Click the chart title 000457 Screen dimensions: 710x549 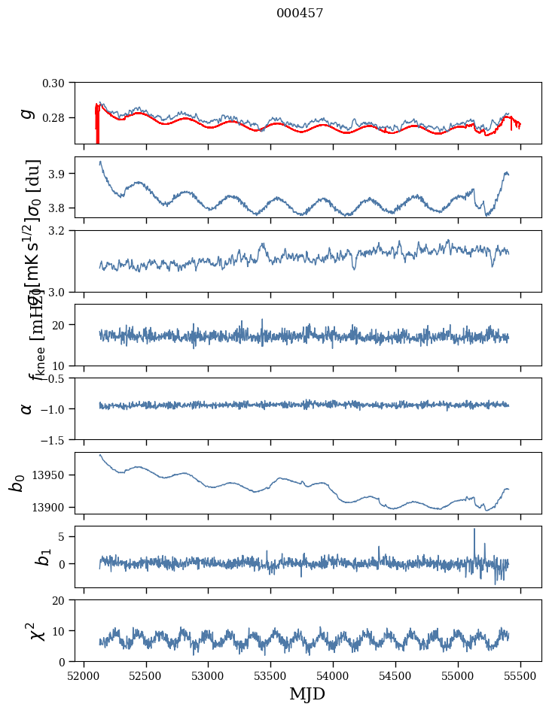pos(300,14)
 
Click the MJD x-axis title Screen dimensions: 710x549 pos(307,693)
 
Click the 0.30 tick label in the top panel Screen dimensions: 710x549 pos(58,82)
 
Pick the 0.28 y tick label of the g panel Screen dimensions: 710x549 pos(58,118)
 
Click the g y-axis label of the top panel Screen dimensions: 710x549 pos(27,113)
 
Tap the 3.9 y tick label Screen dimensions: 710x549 pos(62,174)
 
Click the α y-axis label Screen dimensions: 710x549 pos(27,408)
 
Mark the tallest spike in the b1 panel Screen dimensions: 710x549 pos(474,529)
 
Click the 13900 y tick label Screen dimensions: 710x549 pos(52,507)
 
